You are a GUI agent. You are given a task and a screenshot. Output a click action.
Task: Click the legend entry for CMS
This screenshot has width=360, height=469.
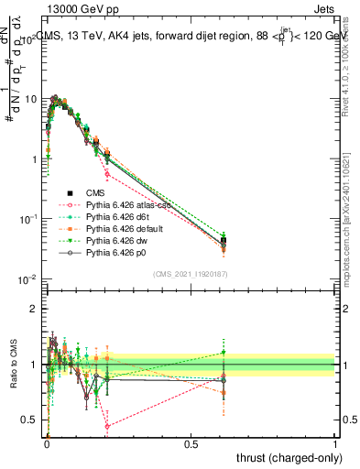[95, 193]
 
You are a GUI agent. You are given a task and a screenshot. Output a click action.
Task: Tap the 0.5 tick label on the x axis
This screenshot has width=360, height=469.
[191, 443]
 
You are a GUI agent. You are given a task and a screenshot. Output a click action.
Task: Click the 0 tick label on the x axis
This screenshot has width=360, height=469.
[47, 443]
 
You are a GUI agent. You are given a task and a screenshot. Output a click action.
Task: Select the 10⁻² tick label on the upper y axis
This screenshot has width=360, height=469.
[27, 278]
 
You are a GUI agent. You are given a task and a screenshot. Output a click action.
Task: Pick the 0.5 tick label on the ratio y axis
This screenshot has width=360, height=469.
[29, 420]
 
